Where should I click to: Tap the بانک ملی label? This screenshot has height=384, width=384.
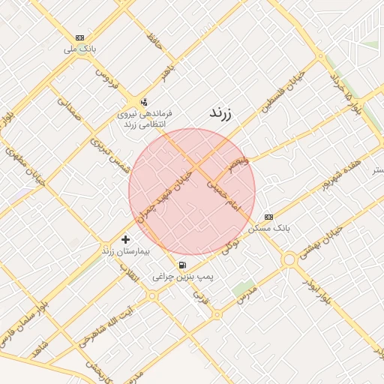81,49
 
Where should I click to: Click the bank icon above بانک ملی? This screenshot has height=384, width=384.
80,37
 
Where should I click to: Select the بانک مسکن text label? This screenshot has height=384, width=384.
273,226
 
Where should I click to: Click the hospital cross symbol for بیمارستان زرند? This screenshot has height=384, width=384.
124,239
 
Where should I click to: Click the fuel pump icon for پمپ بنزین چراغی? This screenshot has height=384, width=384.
183,265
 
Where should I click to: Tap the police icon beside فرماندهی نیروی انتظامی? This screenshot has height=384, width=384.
144,102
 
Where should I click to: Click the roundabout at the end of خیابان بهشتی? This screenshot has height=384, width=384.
289,259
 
